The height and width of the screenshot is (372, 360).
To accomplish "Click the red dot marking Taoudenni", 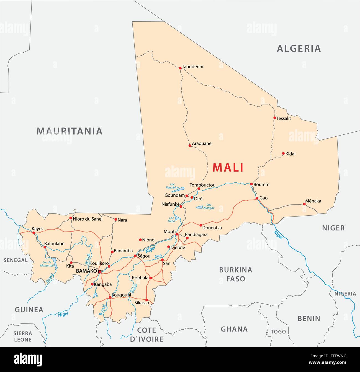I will pos(180,68).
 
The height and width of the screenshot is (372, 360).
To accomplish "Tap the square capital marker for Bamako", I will pos(100,271).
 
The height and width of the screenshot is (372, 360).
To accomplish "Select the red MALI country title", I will pos(228,168).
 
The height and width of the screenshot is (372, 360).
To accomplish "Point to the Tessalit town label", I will pos(284,118).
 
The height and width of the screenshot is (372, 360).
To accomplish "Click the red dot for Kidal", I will pos(283,153).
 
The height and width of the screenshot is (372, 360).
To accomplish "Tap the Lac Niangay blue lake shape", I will pos(199,207).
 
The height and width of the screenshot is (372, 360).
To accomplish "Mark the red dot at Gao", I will pos(257,198).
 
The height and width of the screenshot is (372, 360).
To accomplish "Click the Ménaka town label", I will pos(313,201).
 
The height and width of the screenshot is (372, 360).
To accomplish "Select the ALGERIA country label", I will pos(299,49).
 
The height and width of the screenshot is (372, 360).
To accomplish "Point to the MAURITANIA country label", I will pos(70,131).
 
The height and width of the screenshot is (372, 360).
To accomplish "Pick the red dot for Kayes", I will pos(34,233).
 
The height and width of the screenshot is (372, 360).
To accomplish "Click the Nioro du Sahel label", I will pos(88,219).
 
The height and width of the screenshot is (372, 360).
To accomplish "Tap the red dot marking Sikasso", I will pos(146,300).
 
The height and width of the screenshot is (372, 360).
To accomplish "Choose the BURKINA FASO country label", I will pos(236,274).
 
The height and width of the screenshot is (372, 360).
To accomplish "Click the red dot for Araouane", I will pos(190,146).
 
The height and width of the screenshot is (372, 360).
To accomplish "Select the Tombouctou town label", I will pos(202,185).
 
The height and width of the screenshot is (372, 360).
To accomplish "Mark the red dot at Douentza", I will pos(201,225).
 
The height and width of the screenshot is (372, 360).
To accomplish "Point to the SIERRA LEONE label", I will pos(23,336).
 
